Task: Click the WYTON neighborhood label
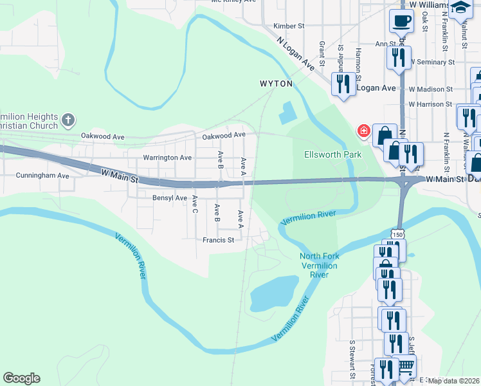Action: pos(276,84)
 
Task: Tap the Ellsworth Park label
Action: pos(332,154)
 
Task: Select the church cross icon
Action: pos(68,120)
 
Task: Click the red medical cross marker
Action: pos(363,131)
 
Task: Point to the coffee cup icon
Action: pos(401,21)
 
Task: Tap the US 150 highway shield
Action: pos(399,230)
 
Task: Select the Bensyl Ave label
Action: pos(170,198)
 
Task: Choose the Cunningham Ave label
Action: pos(42,175)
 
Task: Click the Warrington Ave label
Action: pos(167,158)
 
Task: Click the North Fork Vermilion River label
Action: pos(319,266)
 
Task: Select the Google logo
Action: pos(21,378)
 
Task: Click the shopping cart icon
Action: pos(405,367)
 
